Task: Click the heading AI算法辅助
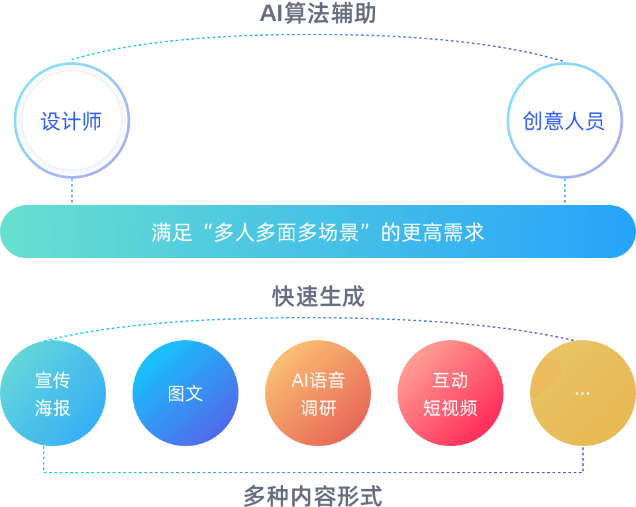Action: point(318,13)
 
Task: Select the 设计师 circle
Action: point(72,120)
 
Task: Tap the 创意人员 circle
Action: point(564,120)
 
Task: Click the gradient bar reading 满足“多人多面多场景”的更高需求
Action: point(318,232)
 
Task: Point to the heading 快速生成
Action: point(318,297)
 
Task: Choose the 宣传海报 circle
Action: point(53,393)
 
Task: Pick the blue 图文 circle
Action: point(185,393)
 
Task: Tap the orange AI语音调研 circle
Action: point(318,393)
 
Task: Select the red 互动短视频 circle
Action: point(450,393)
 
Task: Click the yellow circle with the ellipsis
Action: point(583,393)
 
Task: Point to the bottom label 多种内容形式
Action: point(313,496)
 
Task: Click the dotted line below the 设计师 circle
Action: point(72,191)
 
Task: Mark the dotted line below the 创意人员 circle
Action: point(564,191)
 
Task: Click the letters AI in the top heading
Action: point(270,13)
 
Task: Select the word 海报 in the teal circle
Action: point(53,408)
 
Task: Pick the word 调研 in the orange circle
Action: point(318,408)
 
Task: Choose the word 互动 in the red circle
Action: point(450,380)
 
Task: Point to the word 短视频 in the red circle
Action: point(450,408)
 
